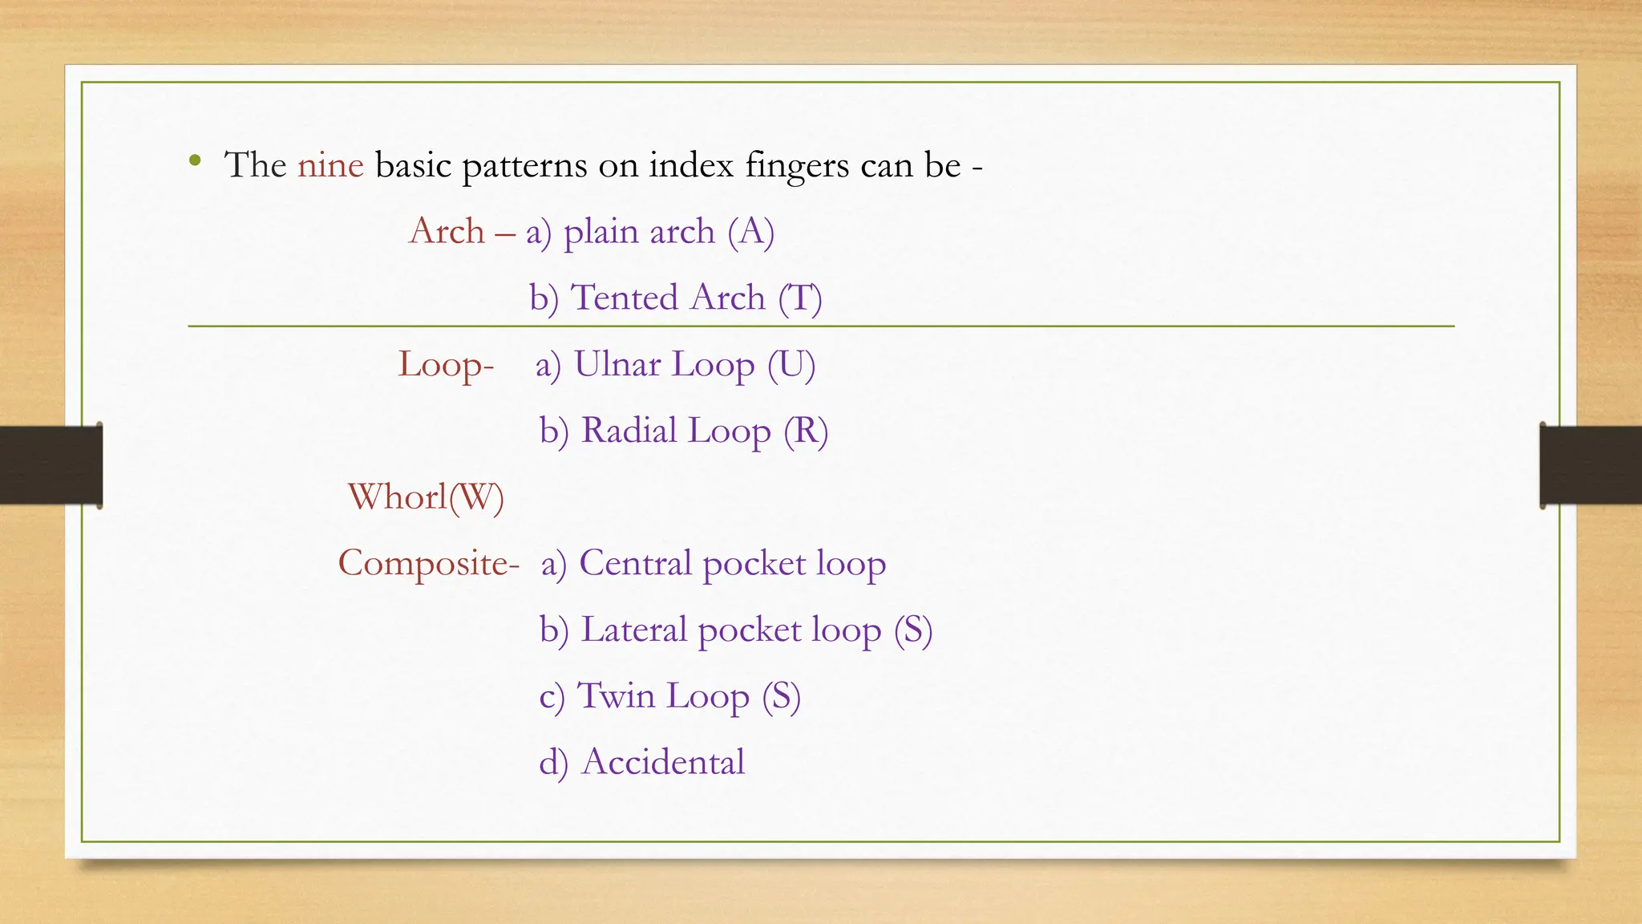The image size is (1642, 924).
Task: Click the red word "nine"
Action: (330, 165)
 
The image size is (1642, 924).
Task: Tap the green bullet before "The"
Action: (195, 160)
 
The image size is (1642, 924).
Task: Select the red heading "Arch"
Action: (447, 232)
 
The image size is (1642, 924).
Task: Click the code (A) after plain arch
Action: (751, 232)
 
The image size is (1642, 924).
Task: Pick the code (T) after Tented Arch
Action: (800, 298)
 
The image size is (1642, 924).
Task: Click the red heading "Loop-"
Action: (446, 365)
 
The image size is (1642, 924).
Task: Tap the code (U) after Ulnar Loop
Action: (791, 365)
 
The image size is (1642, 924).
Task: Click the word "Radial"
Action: (629, 431)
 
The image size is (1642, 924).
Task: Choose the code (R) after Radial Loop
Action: (806, 432)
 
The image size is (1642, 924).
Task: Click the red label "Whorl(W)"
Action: (426, 497)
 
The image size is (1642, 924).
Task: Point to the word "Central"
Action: (635, 563)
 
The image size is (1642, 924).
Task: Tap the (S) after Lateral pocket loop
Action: (913, 630)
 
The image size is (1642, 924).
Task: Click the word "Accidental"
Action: (663, 762)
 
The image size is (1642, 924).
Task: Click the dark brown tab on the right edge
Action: (1591, 465)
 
